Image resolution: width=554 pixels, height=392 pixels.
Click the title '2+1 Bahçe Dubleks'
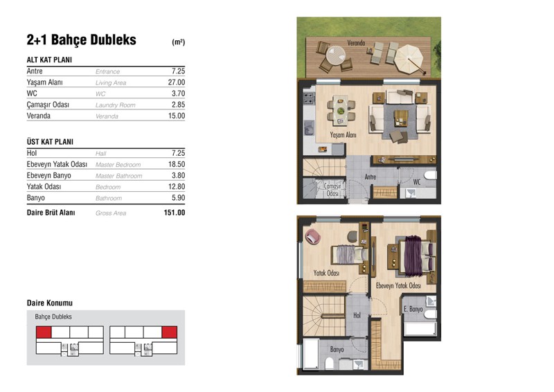point(81,40)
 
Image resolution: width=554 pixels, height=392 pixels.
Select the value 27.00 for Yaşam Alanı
point(177,82)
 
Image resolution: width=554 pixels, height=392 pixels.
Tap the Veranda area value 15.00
point(177,116)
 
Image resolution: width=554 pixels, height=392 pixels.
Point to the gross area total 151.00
point(175,213)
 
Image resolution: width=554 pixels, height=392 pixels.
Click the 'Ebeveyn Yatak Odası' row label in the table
point(57,164)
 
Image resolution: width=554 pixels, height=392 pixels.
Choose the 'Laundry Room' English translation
point(115,105)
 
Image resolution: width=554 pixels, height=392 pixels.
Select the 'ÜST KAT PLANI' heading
point(50,142)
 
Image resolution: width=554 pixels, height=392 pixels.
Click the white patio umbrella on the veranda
point(409,59)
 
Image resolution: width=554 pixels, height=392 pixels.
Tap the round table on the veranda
point(336,55)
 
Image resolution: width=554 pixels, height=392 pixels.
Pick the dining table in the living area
point(341,110)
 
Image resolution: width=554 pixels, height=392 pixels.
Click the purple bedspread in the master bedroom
point(413,256)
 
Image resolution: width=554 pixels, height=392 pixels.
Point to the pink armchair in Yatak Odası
point(313,236)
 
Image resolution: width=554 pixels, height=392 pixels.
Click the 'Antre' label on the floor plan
point(370,177)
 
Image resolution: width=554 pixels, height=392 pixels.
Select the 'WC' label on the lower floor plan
point(417,182)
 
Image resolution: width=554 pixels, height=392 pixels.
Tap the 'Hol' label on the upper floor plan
point(357,315)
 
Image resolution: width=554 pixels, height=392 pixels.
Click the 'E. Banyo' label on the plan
point(413,309)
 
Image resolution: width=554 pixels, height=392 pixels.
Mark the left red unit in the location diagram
point(44,332)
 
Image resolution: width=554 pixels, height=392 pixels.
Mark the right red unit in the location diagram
point(169,332)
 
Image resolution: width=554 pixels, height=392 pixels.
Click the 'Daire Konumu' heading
point(50,303)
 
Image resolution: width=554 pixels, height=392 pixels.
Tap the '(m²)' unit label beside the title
point(179,42)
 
